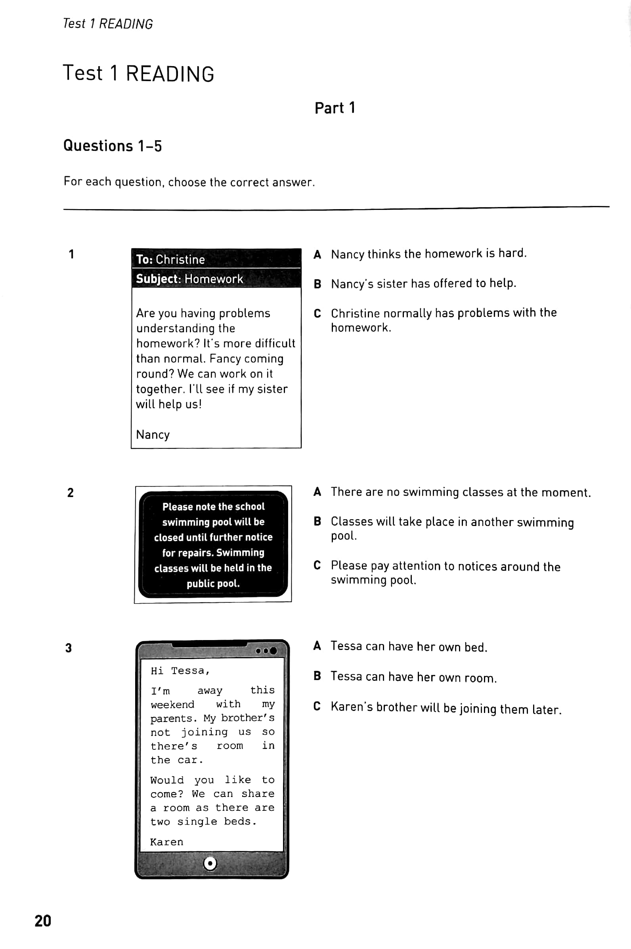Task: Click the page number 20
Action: (x=43, y=920)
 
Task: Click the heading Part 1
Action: (x=335, y=108)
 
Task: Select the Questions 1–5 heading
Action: (x=112, y=146)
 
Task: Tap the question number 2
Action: (x=71, y=493)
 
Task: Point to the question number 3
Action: (x=69, y=648)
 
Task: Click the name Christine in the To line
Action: (x=180, y=259)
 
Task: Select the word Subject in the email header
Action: (x=158, y=279)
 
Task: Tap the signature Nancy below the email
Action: (x=153, y=434)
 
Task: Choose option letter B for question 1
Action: (x=317, y=284)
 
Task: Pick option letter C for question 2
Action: (x=317, y=565)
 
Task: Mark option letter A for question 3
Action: (x=317, y=646)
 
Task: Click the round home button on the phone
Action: (x=210, y=863)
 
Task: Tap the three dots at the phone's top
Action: (x=266, y=651)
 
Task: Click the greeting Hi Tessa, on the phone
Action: (x=180, y=671)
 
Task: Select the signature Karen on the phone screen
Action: (x=166, y=842)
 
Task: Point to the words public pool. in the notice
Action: (x=213, y=583)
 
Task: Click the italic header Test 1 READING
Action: (x=108, y=24)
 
